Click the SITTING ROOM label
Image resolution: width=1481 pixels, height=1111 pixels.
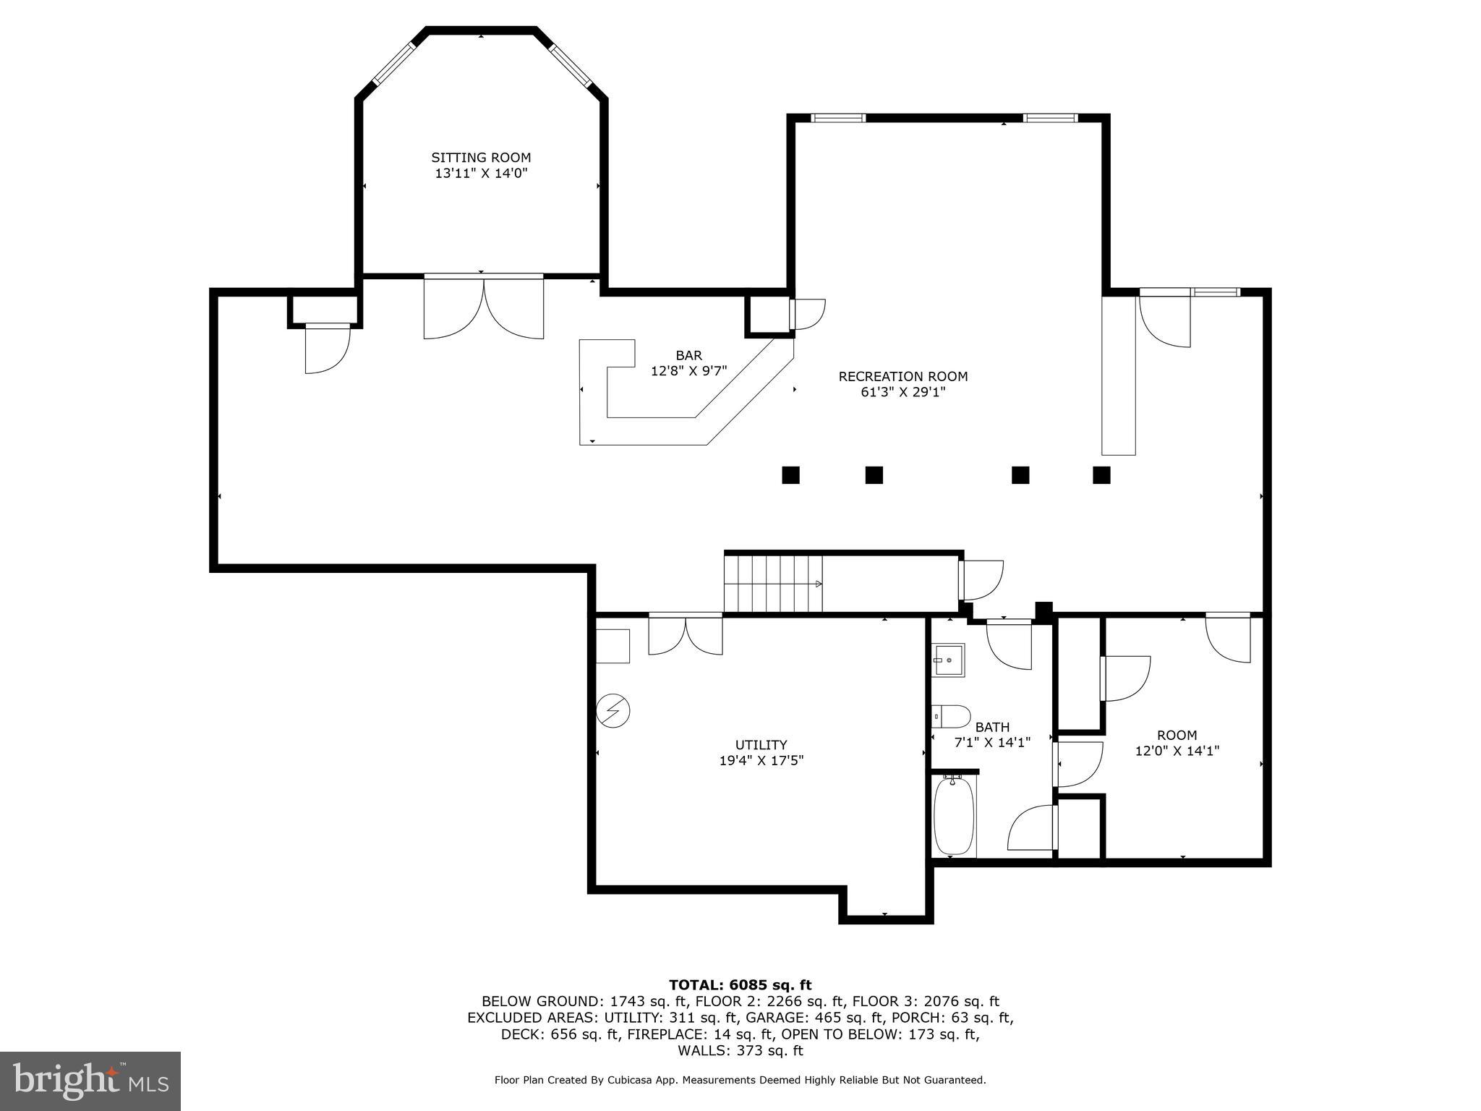[x=481, y=158]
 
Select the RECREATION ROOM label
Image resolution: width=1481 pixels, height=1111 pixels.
[x=902, y=377]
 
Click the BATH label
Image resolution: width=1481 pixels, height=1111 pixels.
[x=992, y=728]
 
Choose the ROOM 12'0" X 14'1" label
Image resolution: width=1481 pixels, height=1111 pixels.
[x=1177, y=744]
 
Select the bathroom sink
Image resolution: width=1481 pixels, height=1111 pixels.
[x=947, y=660]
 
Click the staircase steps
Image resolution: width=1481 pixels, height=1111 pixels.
[x=773, y=583]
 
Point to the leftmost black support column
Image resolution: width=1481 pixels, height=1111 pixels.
[x=790, y=475]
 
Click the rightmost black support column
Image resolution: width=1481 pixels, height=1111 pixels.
[x=1101, y=475]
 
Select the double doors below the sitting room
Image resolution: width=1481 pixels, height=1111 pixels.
[x=483, y=307]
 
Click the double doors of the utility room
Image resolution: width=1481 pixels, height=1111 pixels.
[x=685, y=634]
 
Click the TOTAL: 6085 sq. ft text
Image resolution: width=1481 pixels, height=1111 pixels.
[x=740, y=985]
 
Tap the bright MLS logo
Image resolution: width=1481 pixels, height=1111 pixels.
[x=90, y=1081]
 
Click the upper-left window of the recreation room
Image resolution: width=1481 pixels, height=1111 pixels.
[x=838, y=118]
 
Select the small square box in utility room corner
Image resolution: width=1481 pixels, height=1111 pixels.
[x=613, y=646]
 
